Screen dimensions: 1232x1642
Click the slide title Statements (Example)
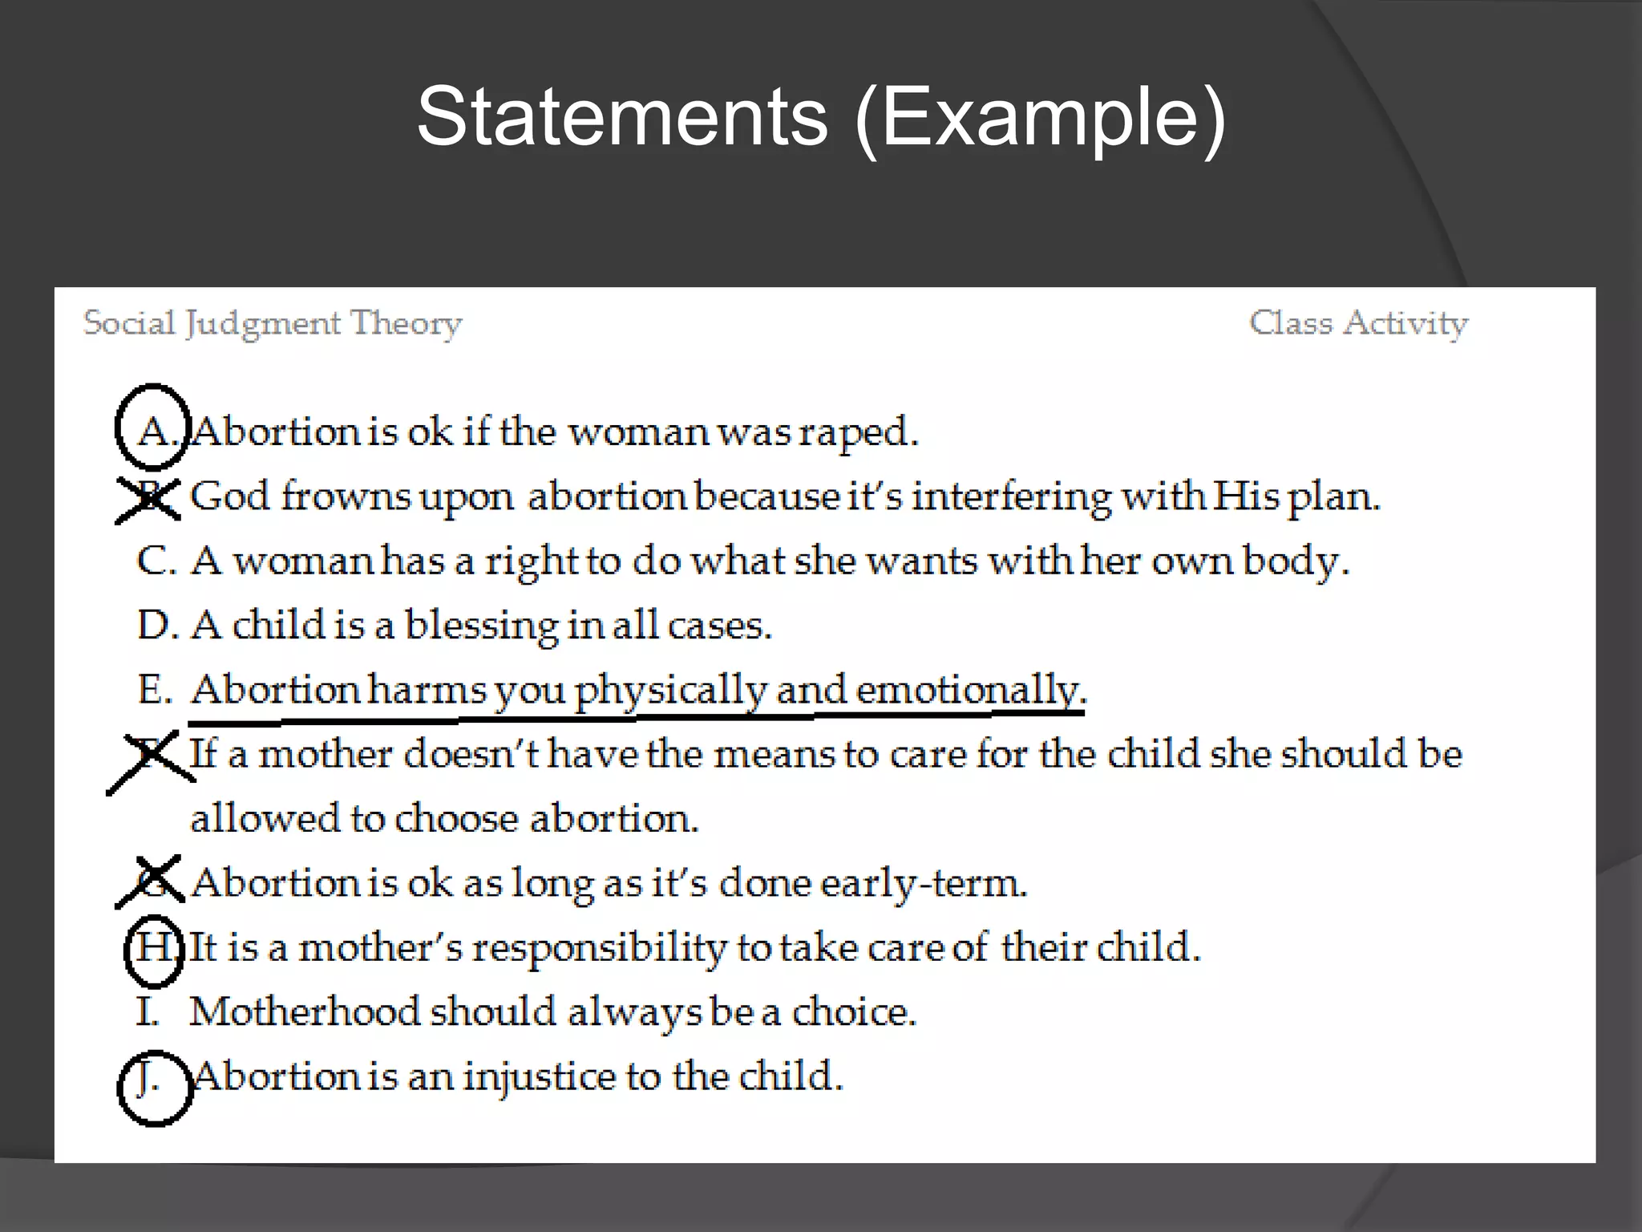tap(821, 119)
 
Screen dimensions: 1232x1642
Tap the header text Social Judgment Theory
tap(273, 324)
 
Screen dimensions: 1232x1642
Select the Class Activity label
tap(1358, 323)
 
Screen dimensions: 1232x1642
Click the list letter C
tap(154, 561)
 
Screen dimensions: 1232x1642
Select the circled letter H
tap(154, 948)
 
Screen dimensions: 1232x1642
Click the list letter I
tap(148, 1012)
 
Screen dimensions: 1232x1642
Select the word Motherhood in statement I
tap(305, 1012)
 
